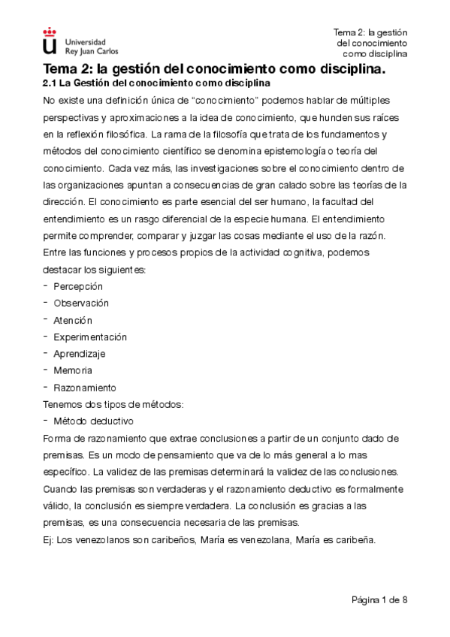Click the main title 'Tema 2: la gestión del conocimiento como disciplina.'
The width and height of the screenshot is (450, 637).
pos(214,70)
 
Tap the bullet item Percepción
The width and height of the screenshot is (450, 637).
pos(78,286)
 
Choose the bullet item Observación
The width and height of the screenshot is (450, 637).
pos(81,303)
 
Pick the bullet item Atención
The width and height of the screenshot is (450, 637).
pos(73,320)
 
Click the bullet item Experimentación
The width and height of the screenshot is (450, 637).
pos(90,337)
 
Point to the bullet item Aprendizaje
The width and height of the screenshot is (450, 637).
pos(80,354)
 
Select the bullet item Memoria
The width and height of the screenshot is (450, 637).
pos(73,371)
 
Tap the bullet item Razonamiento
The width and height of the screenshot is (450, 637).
pos(85,388)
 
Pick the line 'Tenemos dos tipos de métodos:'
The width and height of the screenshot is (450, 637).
pos(113,405)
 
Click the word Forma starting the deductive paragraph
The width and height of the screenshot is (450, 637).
pos(58,439)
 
